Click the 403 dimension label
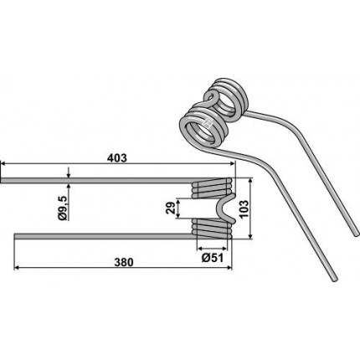tap(116, 158)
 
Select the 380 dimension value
tap(124, 262)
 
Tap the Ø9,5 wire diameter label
tap(63, 208)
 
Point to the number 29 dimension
tap(170, 208)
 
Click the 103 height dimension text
tap(244, 209)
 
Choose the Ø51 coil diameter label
tap(213, 258)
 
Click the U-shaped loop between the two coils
tap(226, 208)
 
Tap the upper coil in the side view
tap(212, 188)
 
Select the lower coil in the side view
tap(212, 229)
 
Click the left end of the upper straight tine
tap(2, 180)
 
